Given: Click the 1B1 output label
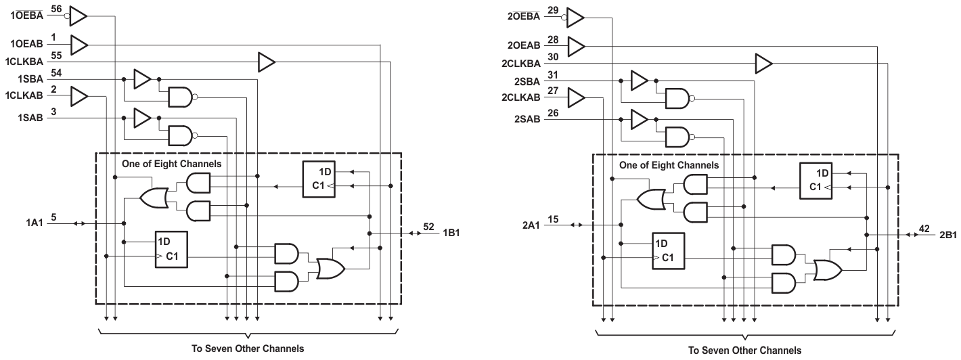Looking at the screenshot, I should click(x=453, y=233).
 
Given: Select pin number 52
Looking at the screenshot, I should click(x=428, y=227).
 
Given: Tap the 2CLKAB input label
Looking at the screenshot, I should click(x=521, y=98).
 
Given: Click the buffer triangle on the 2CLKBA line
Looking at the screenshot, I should click(x=763, y=64).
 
